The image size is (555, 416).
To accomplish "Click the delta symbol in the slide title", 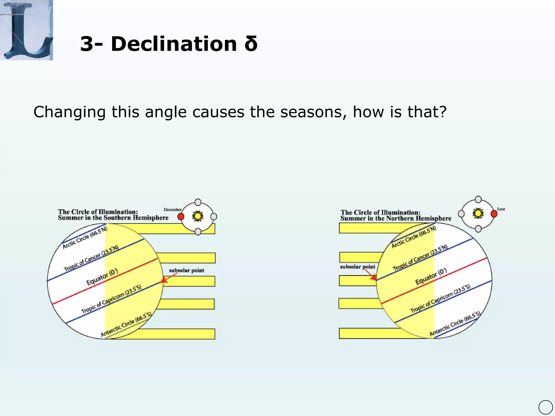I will click(251, 44).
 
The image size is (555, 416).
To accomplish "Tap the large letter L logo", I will click(26, 30).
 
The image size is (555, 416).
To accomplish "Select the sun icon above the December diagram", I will click(198, 216).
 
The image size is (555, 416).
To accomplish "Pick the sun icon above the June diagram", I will click(478, 213).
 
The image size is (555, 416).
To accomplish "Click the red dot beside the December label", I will click(181, 216).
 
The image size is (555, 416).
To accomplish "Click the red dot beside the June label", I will click(494, 214).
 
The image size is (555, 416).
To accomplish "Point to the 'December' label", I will click(172, 210).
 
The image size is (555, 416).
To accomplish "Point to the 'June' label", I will click(501, 209).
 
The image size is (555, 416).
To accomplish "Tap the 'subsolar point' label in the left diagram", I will click(186, 270).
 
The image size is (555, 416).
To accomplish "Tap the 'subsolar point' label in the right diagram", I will click(357, 267).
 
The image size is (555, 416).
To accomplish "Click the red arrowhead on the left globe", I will click(164, 280).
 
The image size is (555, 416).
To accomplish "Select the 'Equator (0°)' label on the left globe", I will click(102, 277).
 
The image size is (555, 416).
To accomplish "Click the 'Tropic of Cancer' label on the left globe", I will click(91, 258).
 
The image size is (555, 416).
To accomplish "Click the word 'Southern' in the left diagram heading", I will click(117, 218).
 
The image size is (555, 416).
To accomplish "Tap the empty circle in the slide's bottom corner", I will click(546, 407).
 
